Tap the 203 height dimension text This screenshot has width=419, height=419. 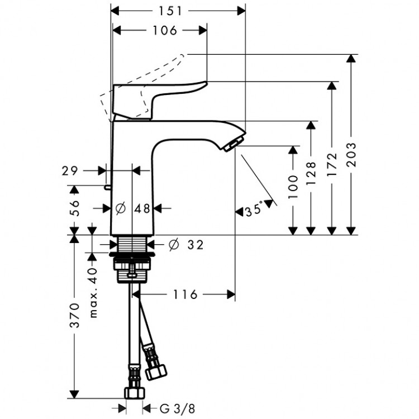[x=351, y=152]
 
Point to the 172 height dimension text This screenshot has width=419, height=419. [x=332, y=163]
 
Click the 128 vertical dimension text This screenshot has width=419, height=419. [x=312, y=173]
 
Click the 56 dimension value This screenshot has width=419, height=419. [x=74, y=207]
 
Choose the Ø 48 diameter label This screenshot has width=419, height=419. [x=133, y=208]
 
